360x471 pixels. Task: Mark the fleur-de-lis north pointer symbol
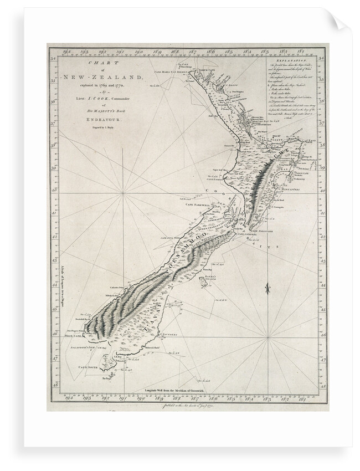(x=267, y=288)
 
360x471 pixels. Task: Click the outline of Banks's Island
(x=203, y=283)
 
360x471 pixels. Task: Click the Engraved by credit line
(x=103, y=128)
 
